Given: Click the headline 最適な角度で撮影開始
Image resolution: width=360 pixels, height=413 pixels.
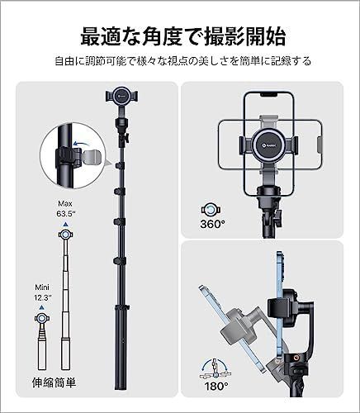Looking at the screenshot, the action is pyautogui.click(x=183, y=36).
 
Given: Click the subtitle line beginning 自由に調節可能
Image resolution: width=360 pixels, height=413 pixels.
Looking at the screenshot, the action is pyautogui.click(x=183, y=61).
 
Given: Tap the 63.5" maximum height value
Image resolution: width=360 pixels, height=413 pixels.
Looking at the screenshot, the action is pyautogui.click(x=66, y=213).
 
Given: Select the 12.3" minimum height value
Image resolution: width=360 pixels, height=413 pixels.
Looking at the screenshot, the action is pyautogui.click(x=43, y=297).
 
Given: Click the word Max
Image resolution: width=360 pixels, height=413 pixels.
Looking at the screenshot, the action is pyautogui.click(x=65, y=203).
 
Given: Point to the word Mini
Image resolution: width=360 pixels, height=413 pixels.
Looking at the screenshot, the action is pyautogui.click(x=42, y=287).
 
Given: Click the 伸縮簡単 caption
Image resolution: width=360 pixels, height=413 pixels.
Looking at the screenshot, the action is pyautogui.click(x=54, y=382).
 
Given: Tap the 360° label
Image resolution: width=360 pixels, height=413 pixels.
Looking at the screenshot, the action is pyautogui.click(x=212, y=224).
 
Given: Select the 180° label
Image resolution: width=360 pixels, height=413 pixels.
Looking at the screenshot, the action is pyautogui.click(x=216, y=386).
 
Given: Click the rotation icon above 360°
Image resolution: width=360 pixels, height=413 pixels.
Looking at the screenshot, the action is pyautogui.click(x=211, y=211).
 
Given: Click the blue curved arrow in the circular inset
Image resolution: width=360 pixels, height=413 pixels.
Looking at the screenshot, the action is pyautogui.click(x=82, y=144).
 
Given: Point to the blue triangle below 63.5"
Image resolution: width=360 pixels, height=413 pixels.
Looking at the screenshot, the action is pyautogui.click(x=65, y=225).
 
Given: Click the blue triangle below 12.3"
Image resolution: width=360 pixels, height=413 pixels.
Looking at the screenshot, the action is pyautogui.click(x=42, y=307).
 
